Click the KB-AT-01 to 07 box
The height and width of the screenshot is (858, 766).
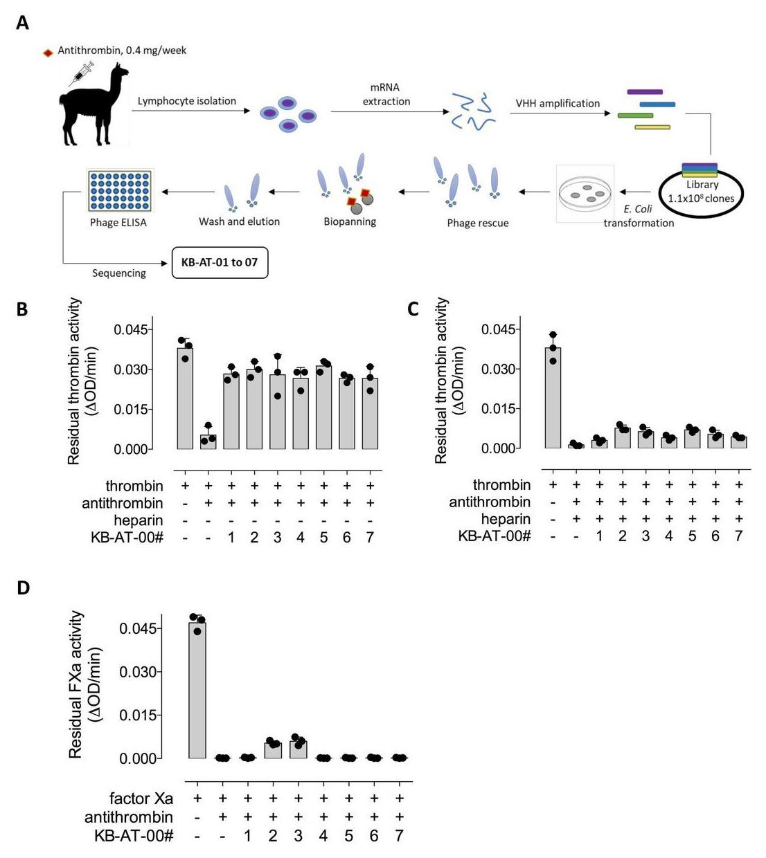(x=220, y=263)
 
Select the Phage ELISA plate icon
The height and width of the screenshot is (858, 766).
(x=120, y=190)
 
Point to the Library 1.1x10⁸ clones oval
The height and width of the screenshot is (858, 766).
(x=701, y=193)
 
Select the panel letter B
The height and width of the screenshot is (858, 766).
(x=22, y=309)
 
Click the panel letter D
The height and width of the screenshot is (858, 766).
(x=24, y=588)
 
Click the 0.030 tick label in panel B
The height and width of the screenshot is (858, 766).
(x=131, y=369)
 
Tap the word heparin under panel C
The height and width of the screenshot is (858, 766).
(x=506, y=519)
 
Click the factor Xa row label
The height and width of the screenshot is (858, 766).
(x=141, y=798)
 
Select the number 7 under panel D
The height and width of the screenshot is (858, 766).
(x=399, y=836)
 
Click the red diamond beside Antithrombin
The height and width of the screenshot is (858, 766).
(x=48, y=53)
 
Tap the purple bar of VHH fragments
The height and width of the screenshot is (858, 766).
(x=645, y=91)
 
